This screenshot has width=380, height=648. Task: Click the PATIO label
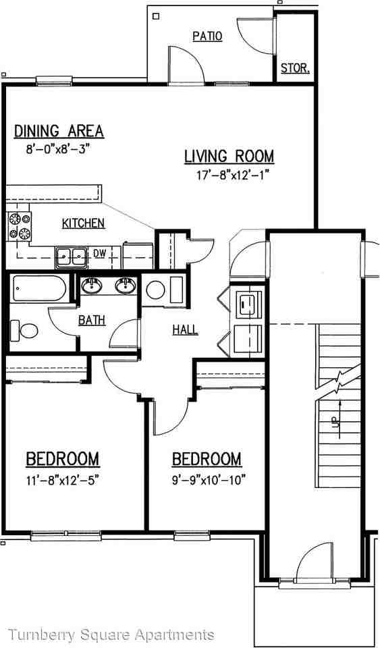(207, 36)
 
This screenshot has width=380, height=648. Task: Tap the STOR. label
(295, 68)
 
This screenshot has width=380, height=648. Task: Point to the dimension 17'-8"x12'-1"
(229, 174)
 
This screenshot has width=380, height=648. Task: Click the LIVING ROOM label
(229, 157)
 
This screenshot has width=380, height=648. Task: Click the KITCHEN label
(83, 223)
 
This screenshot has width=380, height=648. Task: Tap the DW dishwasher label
(99, 253)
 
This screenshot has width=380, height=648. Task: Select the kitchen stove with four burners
(19, 227)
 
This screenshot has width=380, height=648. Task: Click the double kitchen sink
(71, 255)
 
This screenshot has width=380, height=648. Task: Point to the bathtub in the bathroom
(38, 290)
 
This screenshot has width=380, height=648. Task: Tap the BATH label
(91, 320)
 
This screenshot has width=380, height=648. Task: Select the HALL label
(185, 329)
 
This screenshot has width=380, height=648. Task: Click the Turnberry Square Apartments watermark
(111, 634)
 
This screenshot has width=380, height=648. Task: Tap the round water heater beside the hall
(155, 290)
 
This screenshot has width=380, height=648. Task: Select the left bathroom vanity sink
(92, 286)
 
